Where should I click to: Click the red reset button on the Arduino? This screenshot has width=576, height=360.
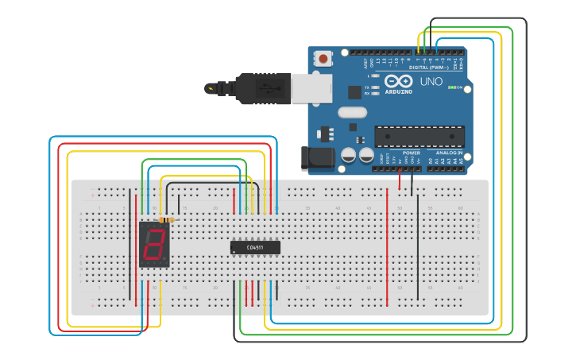[323, 58]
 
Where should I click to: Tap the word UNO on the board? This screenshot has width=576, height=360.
[431, 81]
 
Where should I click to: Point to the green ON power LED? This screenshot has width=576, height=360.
[450, 87]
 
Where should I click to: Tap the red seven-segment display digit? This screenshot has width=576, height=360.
[154, 245]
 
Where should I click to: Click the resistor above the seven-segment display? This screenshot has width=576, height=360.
[167, 220]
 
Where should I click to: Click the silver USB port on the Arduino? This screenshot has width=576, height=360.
[311, 88]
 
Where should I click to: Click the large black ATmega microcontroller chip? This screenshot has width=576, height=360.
[419, 136]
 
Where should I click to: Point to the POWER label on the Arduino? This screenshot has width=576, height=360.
[411, 153]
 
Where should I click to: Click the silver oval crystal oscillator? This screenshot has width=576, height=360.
[352, 112]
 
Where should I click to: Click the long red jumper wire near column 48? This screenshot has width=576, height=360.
[387, 246]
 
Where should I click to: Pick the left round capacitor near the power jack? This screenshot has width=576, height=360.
[348, 155]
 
